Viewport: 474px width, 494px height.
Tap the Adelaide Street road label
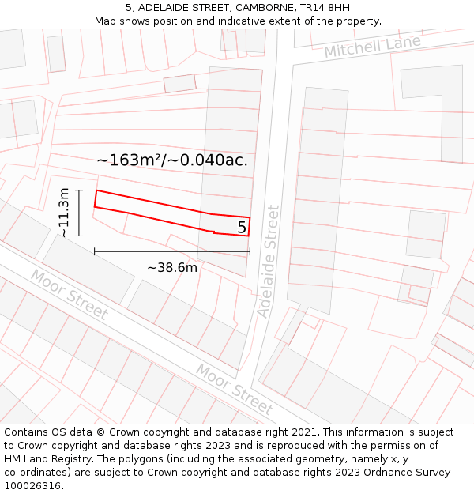pyautogui.click(x=269, y=261)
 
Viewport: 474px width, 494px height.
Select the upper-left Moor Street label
pyautogui.click(x=70, y=294)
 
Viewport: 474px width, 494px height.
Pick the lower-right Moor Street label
pyautogui.click(x=235, y=389)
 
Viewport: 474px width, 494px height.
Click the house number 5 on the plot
pyautogui.click(x=242, y=228)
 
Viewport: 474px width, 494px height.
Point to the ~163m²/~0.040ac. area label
pyautogui.click(x=172, y=160)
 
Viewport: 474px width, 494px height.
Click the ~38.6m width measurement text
pyautogui.click(x=172, y=267)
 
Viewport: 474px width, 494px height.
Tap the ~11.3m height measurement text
pyautogui.click(x=64, y=213)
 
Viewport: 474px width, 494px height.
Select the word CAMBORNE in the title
pyautogui.click(x=258, y=8)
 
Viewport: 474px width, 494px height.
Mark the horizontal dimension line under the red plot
pyautogui.click(x=172, y=252)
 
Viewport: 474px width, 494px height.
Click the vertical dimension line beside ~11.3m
pyautogui.click(x=80, y=213)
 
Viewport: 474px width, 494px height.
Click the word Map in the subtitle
pyautogui.click(x=106, y=21)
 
